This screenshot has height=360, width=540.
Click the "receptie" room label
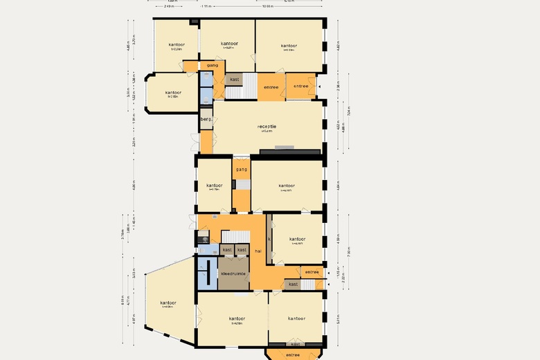coord(268,126)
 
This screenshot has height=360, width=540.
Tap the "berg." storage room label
coord(206,119)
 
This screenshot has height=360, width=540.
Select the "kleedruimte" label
coord(233,274)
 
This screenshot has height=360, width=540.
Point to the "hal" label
coord(258,251)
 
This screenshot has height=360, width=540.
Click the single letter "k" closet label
coord(269,239)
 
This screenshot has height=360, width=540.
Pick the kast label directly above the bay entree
coord(296,344)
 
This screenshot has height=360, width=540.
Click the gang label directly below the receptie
coord(241,169)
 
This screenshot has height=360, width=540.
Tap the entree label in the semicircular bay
coord(293,354)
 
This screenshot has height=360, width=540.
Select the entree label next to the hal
coord(312,272)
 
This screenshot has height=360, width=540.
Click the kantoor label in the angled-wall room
coord(168,303)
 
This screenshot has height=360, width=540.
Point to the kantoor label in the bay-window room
coord(173,92)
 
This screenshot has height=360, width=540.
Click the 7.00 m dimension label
coord(350,253)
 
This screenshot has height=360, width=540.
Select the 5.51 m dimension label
coord(339,320)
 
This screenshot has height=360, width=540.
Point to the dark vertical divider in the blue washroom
coord(208,273)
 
